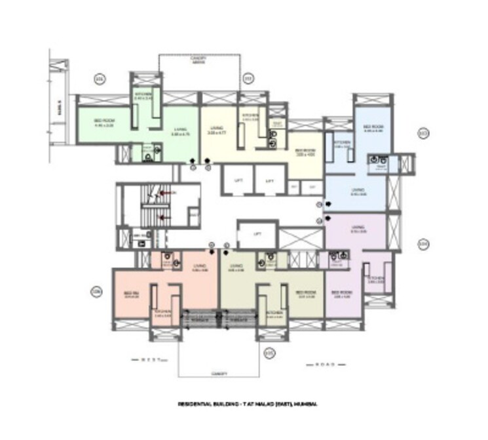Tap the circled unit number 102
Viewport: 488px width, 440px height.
(x=248, y=80)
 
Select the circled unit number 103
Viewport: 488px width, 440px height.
(x=423, y=134)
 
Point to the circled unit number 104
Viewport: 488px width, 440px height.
(x=423, y=245)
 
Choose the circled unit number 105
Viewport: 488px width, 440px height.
(x=269, y=353)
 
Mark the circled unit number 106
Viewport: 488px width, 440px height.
(x=97, y=291)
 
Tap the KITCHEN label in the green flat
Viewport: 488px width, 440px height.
(x=143, y=96)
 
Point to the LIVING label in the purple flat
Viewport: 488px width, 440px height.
(x=357, y=230)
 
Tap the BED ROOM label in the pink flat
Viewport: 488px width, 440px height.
(x=130, y=294)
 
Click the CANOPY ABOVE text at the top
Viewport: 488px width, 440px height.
(x=199, y=60)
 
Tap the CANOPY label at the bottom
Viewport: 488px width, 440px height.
(x=219, y=373)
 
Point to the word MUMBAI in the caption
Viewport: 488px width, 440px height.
(x=307, y=405)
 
